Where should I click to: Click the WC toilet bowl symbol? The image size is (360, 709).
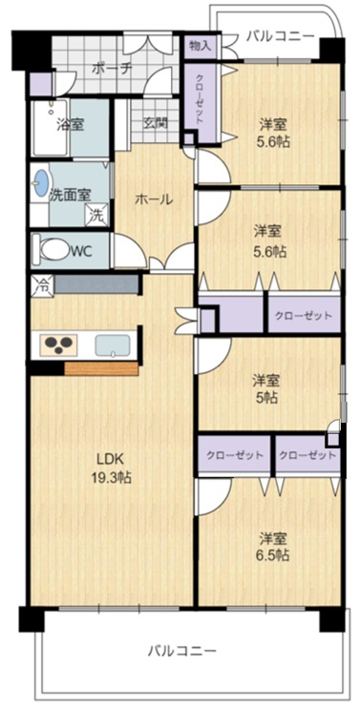click(54, 250)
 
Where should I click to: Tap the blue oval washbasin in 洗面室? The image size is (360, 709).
click(41, 183)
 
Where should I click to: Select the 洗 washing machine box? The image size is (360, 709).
click(97, 214)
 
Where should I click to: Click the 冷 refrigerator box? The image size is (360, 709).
click(43, 285)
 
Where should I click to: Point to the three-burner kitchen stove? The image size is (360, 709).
click(58, 345)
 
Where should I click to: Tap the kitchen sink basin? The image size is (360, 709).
click(113, 345)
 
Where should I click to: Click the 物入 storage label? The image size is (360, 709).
click(200, 46)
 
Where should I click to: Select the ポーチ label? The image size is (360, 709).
click(112, 69)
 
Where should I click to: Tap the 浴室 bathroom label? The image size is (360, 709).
click(70, 124)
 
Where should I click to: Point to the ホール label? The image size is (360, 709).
click(155, 198)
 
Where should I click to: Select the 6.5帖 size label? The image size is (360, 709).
click(273, 554)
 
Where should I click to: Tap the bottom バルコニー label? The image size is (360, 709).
click(182, 652)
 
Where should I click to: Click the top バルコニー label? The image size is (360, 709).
click(280, 37)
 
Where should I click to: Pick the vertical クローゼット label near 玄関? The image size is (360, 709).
click(200, 98)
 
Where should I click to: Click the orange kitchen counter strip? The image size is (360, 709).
click(101, 368)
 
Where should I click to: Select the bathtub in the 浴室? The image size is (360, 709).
click(51, 127)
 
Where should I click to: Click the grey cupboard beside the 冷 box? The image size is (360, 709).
click(96, 285)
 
